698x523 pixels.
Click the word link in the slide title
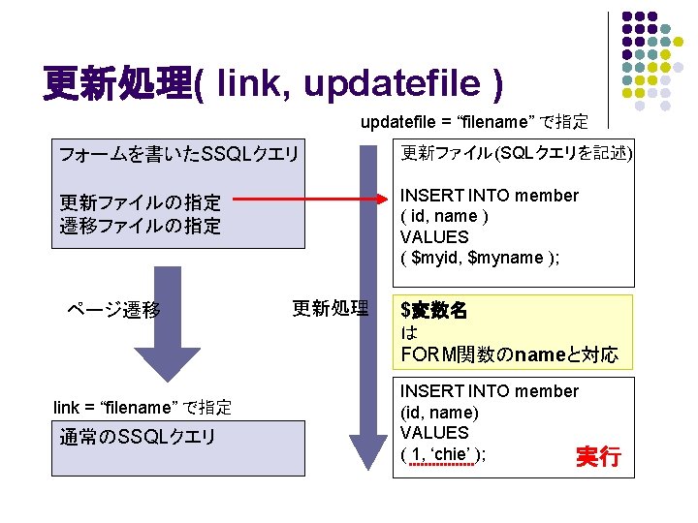tap(247, 85)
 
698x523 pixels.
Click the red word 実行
tap(598, 456)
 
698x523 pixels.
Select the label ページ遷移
tap(113, 310)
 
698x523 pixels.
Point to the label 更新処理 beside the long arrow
tap(331, 309)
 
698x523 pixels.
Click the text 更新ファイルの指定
tap(141, 203)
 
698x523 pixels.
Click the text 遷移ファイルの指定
tap(141, 226)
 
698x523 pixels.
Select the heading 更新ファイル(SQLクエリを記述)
tap(517, 153)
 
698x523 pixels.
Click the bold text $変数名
tap(434, 311)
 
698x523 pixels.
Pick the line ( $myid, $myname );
tap(479, 258)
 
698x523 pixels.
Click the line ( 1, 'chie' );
tap(443, 454)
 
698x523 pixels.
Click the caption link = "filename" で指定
tap(142, 407)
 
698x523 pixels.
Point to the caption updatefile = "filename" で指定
tap(474, 122)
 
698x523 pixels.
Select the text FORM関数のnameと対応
tap(509, 354)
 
